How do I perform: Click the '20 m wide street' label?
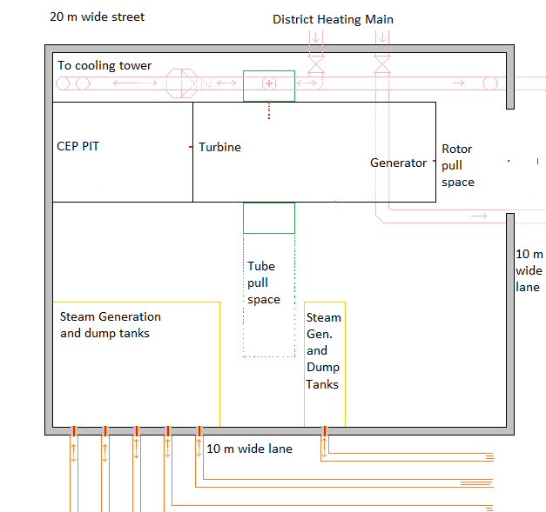98,17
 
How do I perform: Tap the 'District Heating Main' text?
333,19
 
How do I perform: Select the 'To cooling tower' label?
104,65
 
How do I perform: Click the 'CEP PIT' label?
78,146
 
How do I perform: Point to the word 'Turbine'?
219,147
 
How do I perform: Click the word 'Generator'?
399,163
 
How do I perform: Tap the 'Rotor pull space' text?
458,165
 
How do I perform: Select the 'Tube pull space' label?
263,283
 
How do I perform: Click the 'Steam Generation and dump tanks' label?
111,324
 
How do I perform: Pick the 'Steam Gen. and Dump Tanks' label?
324,351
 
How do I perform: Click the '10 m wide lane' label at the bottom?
249,449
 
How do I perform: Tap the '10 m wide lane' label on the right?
529,270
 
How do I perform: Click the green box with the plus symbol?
269,84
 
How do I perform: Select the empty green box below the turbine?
269,217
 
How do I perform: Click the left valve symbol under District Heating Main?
315,63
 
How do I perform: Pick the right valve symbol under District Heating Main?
381,63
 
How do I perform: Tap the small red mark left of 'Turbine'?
191,148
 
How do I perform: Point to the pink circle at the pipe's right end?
491,83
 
